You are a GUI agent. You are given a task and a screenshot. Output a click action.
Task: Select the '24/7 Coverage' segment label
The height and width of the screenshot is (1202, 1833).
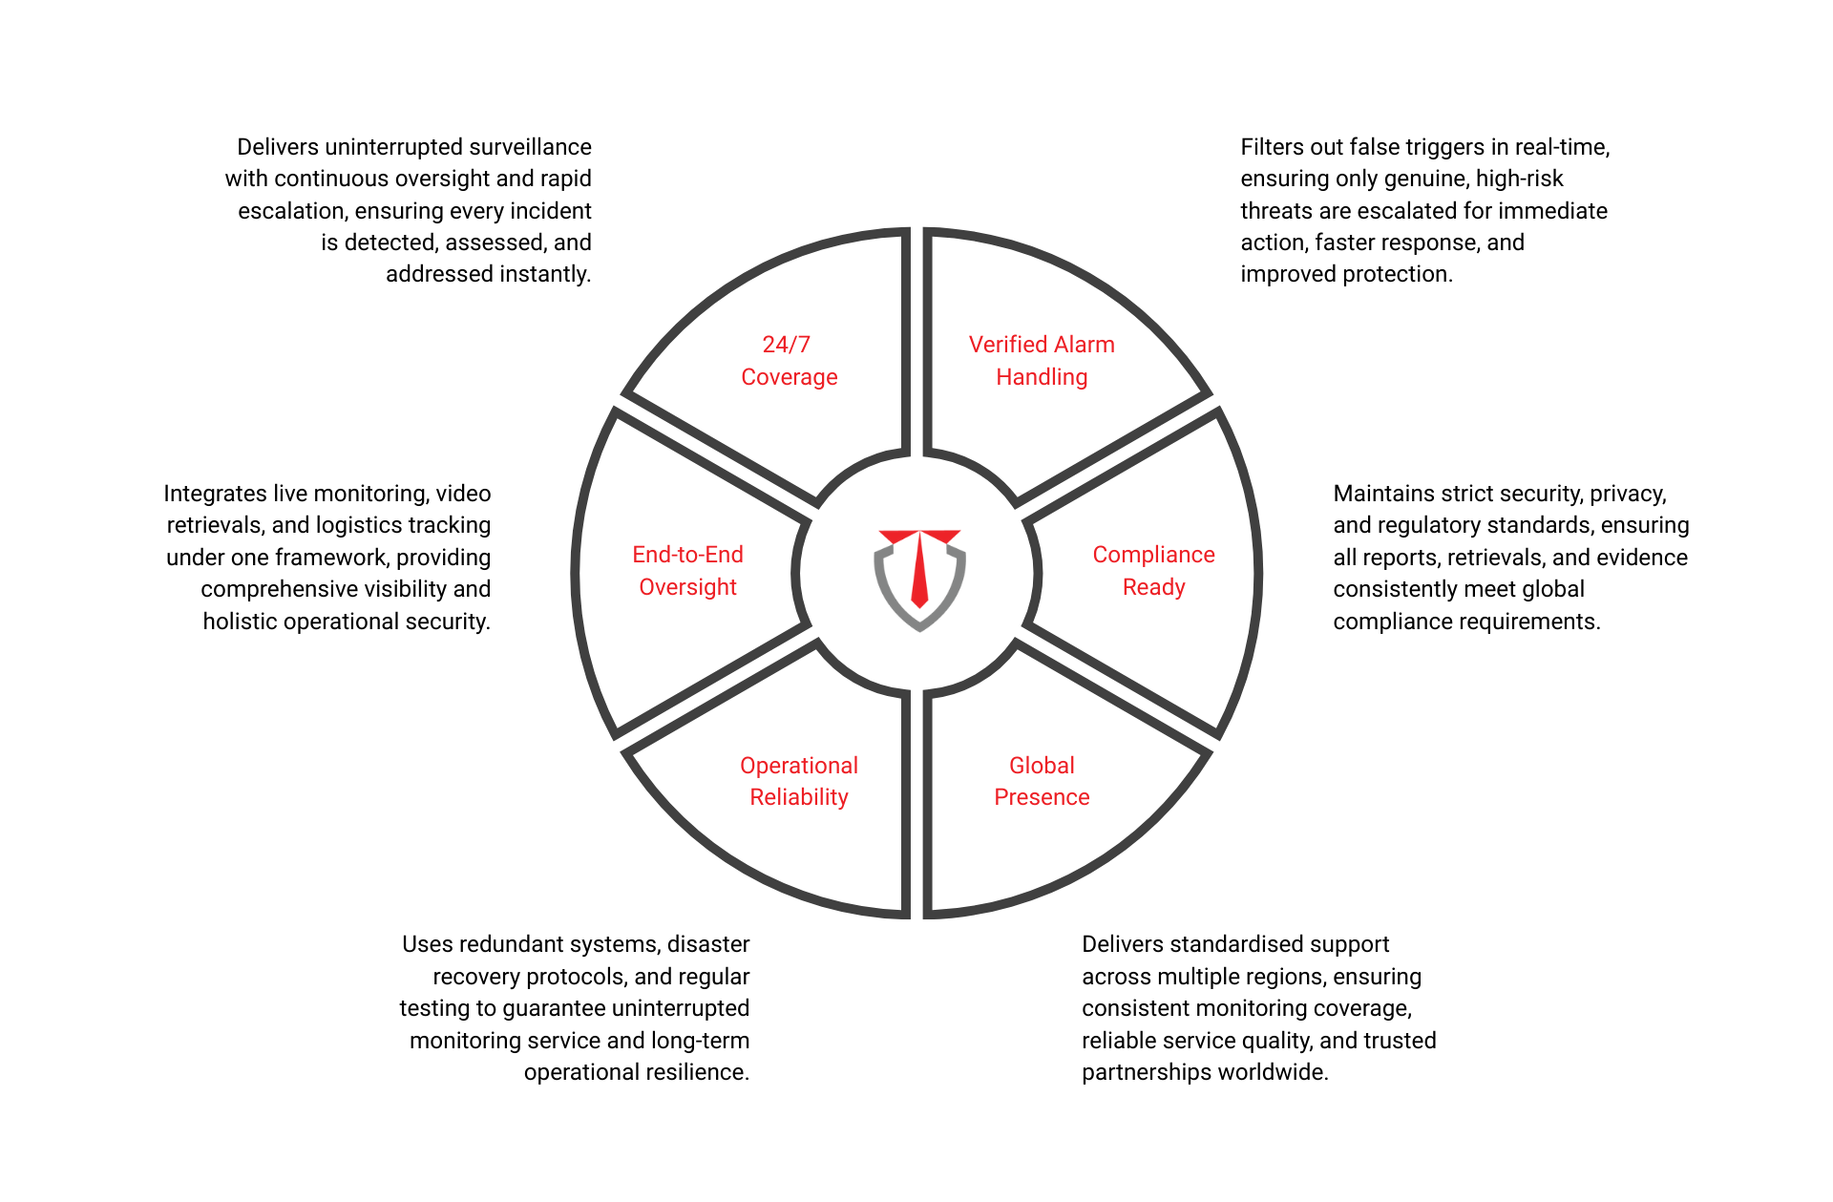point(789,361)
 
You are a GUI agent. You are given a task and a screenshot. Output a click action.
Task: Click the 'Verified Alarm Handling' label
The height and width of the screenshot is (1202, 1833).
point(1042,361)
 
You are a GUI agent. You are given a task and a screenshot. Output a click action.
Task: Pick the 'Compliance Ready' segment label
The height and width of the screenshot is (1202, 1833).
point(1153,571)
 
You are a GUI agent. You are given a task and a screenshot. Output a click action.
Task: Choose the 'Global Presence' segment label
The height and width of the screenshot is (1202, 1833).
point(1042,781)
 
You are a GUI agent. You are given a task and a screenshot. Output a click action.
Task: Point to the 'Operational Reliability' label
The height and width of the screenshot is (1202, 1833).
point(799,781)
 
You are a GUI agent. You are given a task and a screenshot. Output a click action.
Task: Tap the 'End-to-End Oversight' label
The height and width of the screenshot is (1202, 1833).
point(687,571)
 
